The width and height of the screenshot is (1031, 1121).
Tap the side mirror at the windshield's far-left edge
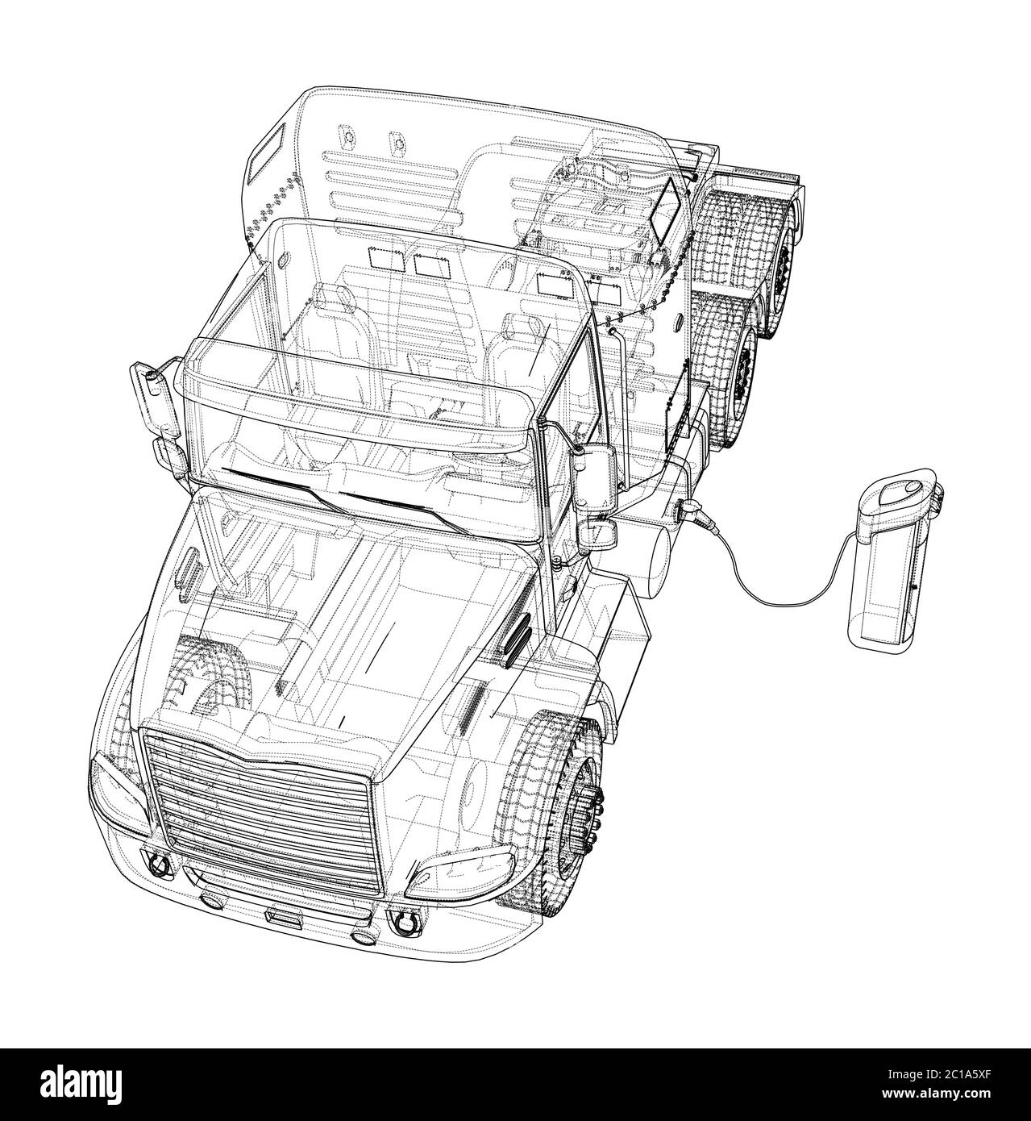(154, 398)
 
